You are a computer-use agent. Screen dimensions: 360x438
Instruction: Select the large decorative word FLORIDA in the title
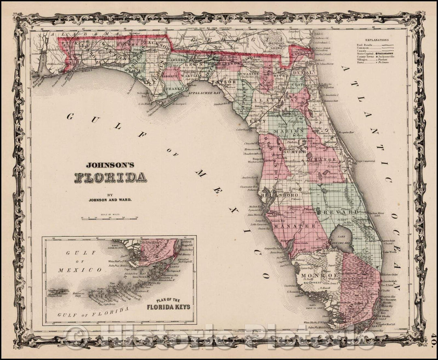click(x=110, y=177)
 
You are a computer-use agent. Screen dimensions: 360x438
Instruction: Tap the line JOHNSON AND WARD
click(x=110, y=199)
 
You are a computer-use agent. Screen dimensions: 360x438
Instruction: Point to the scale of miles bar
click(x=109, y=218)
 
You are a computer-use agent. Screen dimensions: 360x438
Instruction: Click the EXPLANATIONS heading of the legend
click(x=377, y=40)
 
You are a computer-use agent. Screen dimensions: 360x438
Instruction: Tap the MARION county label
click(x=288, y=131)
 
